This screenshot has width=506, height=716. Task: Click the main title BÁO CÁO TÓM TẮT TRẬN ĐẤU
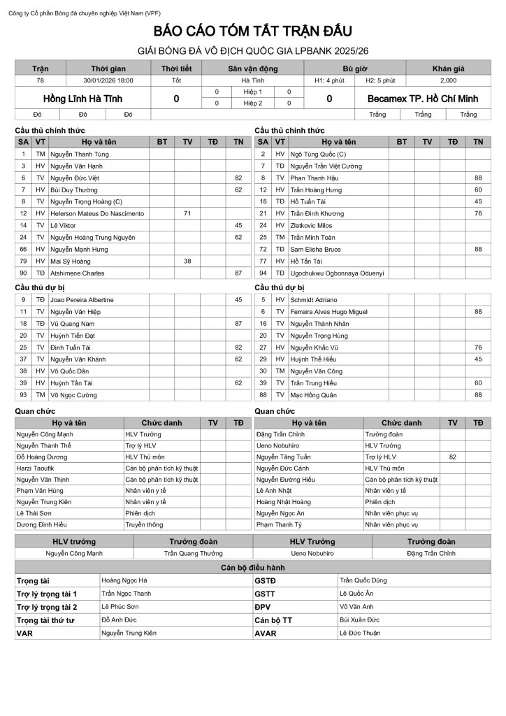point(252,31)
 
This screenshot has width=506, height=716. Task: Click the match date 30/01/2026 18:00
point(108,80)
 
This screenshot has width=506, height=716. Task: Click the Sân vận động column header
point(252,69)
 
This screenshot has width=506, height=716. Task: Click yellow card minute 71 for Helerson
point(187,213)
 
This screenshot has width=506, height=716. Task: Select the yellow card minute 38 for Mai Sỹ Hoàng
point(187,261)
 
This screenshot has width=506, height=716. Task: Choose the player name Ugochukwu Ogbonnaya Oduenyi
point(338,273)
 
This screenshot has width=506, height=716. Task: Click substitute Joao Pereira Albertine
point(82,300)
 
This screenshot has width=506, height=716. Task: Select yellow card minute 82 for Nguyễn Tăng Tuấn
point(453,456)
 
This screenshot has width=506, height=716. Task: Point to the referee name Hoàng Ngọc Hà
point(124,580)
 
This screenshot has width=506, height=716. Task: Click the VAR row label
point(24,633)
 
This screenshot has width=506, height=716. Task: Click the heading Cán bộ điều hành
point(252,567)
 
